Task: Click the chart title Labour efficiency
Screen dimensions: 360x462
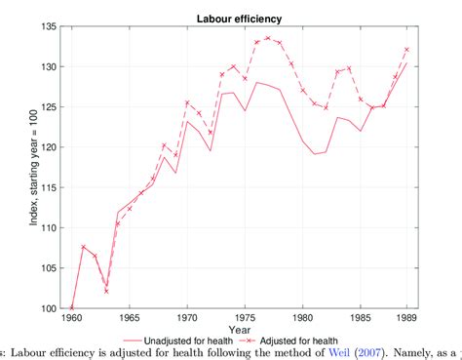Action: pos(240,17)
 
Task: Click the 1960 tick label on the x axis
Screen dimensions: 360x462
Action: pos(72,318)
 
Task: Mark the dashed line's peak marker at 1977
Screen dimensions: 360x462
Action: pos(267,38)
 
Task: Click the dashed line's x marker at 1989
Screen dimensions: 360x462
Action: pos(405,50)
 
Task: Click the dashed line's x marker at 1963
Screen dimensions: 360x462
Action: pos(106,291)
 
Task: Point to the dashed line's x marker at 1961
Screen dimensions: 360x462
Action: pos(84,247)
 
